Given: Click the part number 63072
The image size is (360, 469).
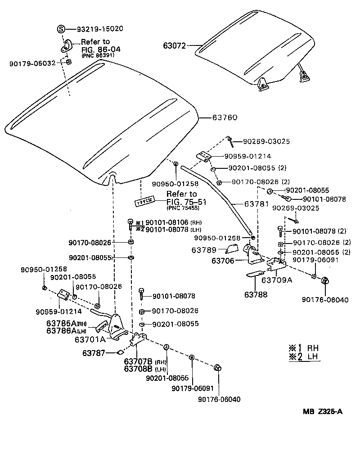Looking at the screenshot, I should (x=175, y=45).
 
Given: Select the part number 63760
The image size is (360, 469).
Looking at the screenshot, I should (x=225, y=117).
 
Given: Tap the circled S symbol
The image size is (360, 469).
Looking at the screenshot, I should (x=62, y=29).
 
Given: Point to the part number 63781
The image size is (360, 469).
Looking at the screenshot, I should (x=257, y=204).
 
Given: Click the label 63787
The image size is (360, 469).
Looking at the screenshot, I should (x=94, y=353).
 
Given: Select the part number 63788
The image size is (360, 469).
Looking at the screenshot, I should (x=256, y=295).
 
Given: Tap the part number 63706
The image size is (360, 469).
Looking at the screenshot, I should (x=224, y=260).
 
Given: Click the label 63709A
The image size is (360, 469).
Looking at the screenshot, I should (x=277, y=280).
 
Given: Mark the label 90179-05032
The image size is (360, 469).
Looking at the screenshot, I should (x=32, y=63).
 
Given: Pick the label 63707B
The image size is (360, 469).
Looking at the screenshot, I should (x=138, y=361).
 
